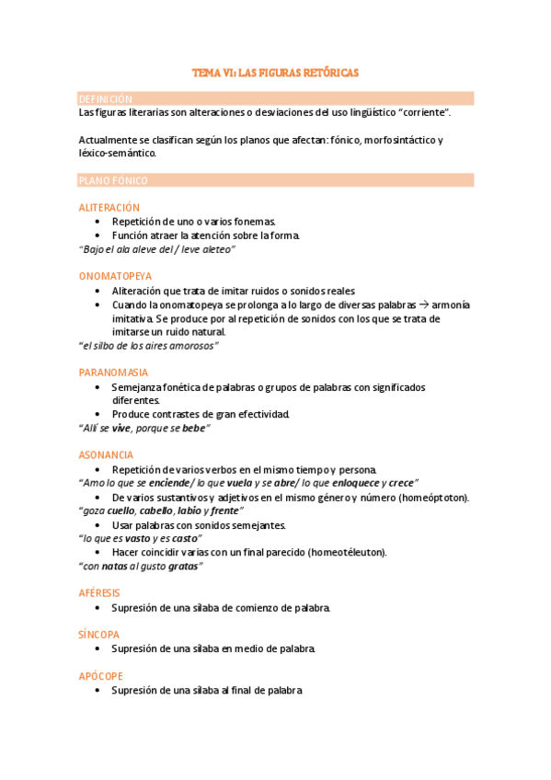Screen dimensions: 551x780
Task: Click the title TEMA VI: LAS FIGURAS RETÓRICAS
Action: point(275,72)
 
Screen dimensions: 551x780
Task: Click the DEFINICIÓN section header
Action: point(106,98)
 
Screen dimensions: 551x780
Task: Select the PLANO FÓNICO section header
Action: point(113,180)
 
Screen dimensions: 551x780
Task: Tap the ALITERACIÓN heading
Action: point(109,208)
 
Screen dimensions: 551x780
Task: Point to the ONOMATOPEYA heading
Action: point(116,276)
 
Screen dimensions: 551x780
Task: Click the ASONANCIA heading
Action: point(107,454)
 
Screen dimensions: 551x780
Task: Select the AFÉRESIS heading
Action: point(100,593)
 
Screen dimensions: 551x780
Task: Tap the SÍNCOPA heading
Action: point(99,635)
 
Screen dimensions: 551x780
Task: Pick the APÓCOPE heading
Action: point(100,676)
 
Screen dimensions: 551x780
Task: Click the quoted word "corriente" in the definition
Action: point(422,112)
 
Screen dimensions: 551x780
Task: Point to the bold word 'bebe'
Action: point(194,428)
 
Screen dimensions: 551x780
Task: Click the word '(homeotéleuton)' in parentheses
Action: point(343,552)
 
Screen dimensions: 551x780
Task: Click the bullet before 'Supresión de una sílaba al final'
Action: point(99,691)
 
